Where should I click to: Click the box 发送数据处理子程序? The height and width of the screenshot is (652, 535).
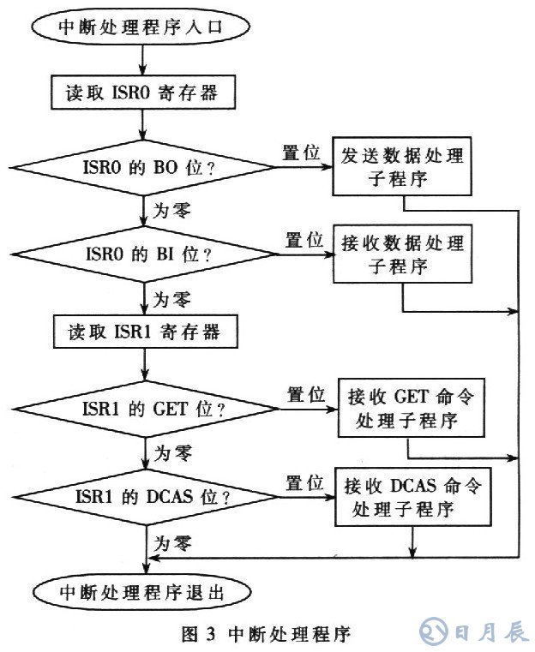point(401,168)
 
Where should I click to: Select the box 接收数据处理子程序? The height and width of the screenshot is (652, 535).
point(401,253)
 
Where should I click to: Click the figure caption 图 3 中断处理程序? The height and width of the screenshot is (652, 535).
point(267,634)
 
